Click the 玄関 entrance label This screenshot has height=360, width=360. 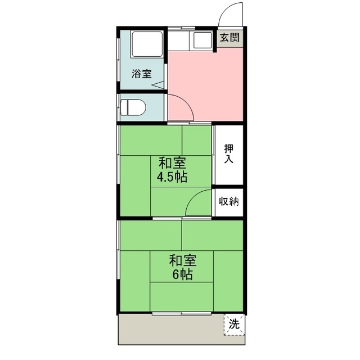point(229,38)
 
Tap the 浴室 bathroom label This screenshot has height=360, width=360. point(142,74)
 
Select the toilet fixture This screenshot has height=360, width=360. point(133,107)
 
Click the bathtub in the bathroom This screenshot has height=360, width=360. point(147,44)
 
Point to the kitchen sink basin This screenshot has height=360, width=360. point(202,40)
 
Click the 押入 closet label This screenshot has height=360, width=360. point(229,154)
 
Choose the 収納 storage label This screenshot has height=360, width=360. point(228,201)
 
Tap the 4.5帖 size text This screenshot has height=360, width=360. point(172,177)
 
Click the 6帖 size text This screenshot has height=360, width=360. point(182,274)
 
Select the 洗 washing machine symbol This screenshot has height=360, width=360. point(234,324)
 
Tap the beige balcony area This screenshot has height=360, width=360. point(171,330)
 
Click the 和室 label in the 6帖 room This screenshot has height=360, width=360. point(183,261)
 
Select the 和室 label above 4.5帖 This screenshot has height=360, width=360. point(172,163)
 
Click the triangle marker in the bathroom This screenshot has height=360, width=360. point(159,85)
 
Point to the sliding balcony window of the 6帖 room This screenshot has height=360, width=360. point(182,313)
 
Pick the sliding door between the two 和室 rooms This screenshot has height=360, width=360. point(182,218)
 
